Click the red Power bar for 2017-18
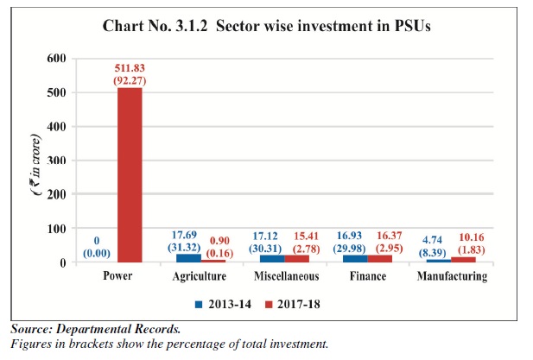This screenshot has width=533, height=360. pos(130,175)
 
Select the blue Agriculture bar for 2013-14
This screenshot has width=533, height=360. pos(188,258)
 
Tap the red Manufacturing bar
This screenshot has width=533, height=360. pos(463,260)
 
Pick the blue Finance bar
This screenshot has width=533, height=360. pos(355,258)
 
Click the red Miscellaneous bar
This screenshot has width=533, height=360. pos(297,259)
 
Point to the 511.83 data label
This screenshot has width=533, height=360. pos(130,68)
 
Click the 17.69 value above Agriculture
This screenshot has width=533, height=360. pos(184,235)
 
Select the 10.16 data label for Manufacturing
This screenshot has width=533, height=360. pos(472,237)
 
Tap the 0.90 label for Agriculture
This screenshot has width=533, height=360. pos(219,241)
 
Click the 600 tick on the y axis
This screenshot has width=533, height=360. pos(56,58)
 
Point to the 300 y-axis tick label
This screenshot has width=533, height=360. pos(56,160)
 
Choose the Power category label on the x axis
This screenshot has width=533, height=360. pos(117,275)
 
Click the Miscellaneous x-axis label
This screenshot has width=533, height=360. pos(287,276)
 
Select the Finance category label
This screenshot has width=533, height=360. pos(368,276)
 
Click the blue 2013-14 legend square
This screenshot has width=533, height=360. pos(199,304)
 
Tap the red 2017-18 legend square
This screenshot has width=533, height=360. pos(269,304)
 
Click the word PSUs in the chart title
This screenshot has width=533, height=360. pos(412,26)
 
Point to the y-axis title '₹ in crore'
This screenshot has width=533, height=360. pos(35,165)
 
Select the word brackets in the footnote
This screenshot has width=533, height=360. pos(91,344)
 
